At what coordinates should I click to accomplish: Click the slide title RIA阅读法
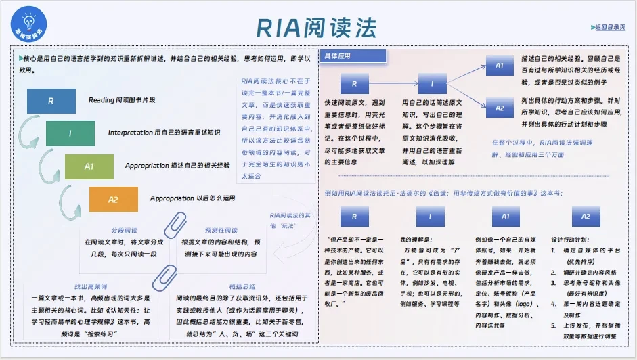click(315, 26)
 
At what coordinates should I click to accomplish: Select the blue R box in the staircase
click(51, 101)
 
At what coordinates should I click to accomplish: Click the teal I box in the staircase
click(70, 133)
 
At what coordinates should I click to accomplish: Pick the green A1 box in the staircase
click(89, 166)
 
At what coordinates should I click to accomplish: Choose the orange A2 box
click(113, 199)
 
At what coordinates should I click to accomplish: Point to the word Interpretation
click(130, 133)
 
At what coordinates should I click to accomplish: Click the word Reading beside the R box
click(102, 100)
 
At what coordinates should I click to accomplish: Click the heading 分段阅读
click(125, 231)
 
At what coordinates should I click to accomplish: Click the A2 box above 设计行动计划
click(586, 217)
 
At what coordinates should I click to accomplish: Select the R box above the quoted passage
click(354, 217)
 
